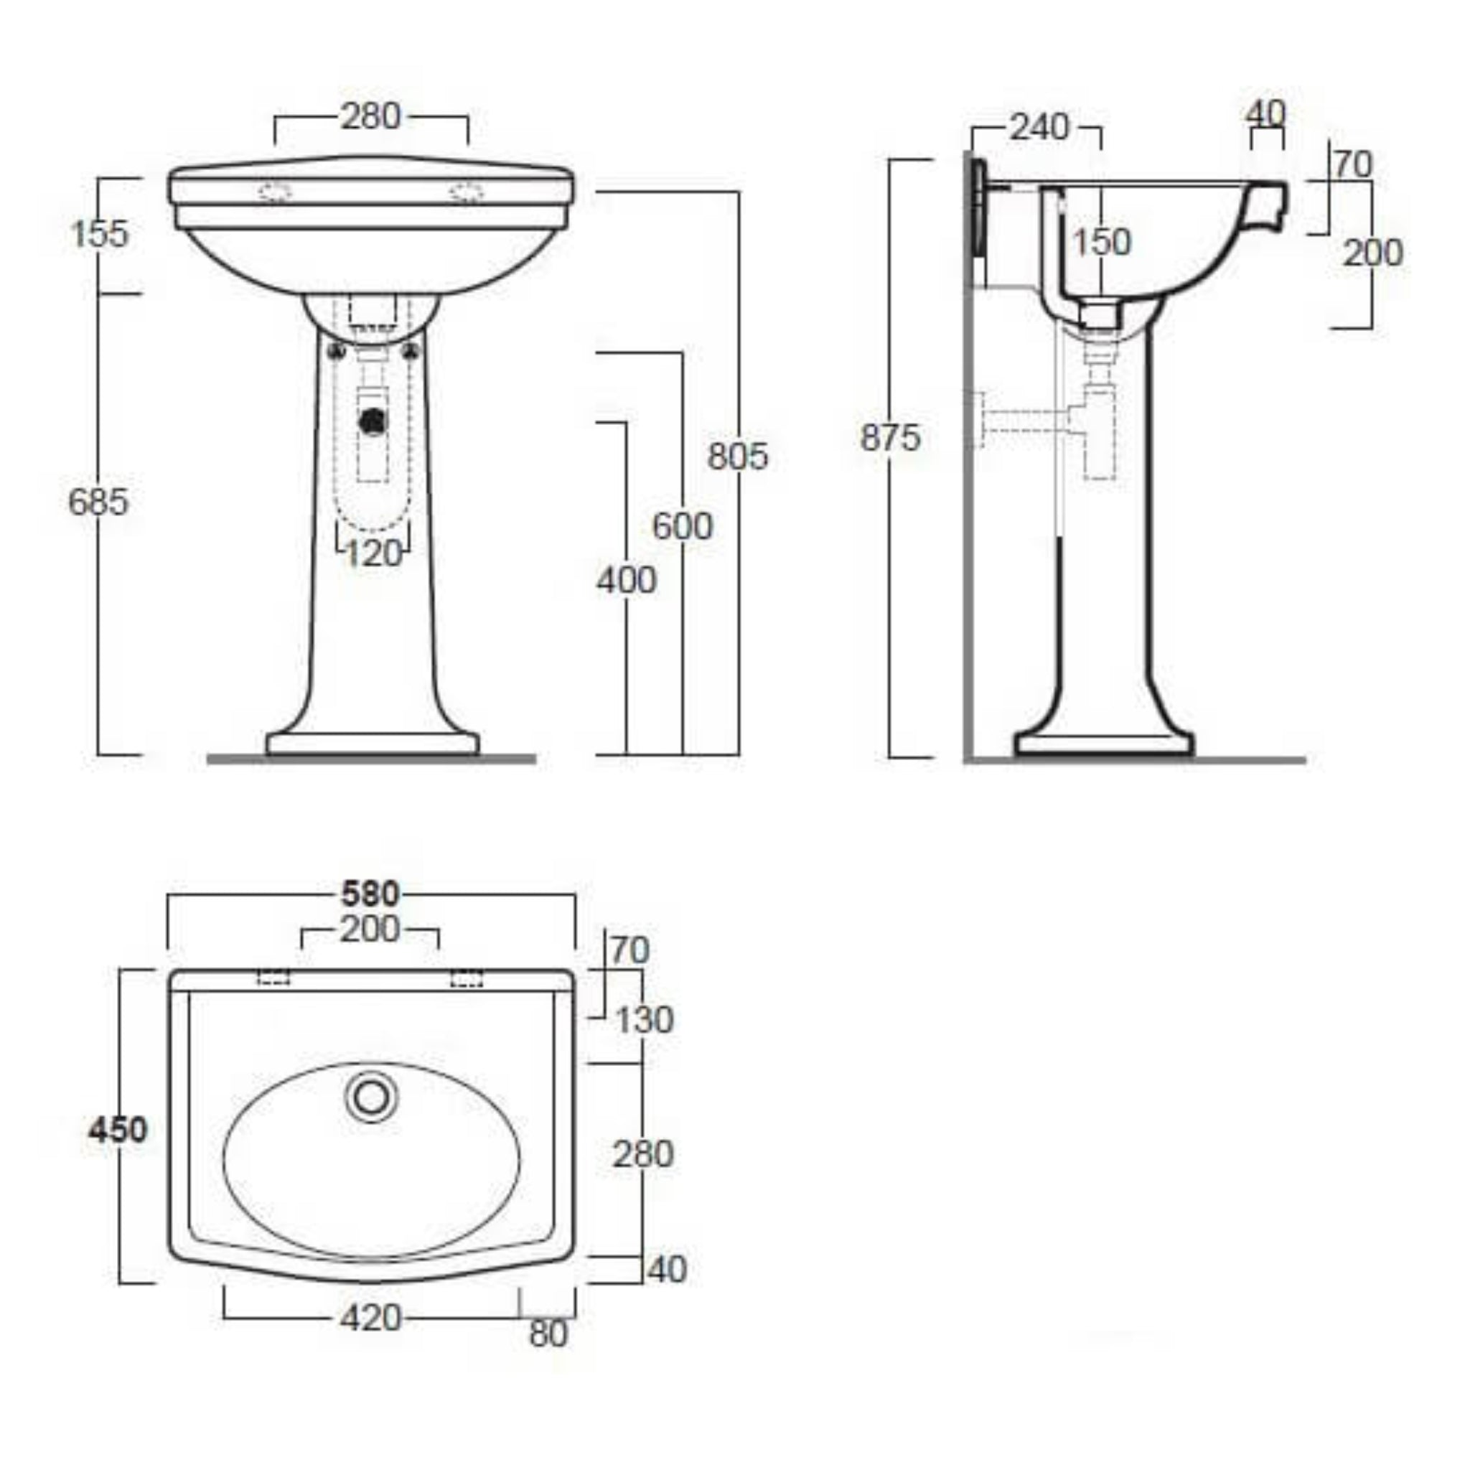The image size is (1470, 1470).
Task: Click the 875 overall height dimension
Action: point(889,438)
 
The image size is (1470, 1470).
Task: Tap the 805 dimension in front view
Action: point(737,456)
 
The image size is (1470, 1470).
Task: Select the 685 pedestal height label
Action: point(98,502)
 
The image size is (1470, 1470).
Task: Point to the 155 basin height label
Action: point(100,233)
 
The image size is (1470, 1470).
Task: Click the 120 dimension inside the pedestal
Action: point(373,554)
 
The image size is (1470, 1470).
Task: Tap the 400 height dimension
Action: point(625,581)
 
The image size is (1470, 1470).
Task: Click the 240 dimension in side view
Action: point(1039,128)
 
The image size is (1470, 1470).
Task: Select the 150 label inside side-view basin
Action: point(1102,243)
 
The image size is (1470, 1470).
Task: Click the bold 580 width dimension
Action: point(370,894)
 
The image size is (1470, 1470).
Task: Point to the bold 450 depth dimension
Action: point(117,1130)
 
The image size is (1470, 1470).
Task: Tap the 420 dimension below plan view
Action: point(370,1319)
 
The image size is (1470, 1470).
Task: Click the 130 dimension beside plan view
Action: point(644,1021)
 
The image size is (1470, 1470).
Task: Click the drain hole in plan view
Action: point(371,1097)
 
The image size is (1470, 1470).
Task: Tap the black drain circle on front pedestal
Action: point(373,421)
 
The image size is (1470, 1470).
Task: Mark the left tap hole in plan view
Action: point(273,978)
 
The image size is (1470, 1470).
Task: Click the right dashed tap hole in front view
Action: point(467,192)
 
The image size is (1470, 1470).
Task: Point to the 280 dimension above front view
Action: point(370,117)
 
